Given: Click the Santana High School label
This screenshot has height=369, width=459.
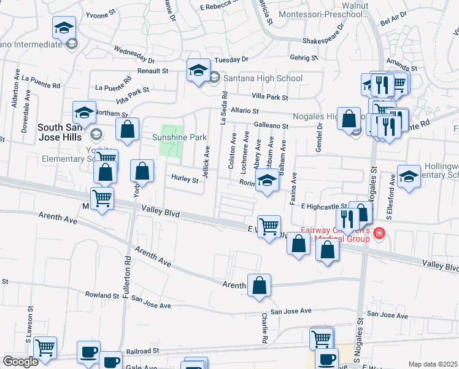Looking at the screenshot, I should (263, 78).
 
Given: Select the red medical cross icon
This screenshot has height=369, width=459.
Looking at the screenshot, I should (379, 234).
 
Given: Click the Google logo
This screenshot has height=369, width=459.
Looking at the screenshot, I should (20, 362).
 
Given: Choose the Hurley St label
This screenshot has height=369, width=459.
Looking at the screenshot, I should (185, 180).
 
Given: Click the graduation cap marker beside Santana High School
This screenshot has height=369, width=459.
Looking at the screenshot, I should (199, 71).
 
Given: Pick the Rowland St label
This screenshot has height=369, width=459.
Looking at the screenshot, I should (102, 295).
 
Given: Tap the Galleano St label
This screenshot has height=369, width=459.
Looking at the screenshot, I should (271, 125).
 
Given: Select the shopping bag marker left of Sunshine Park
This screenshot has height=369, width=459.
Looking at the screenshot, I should (127, 130).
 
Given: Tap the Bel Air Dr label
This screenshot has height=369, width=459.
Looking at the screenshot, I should (394, 22).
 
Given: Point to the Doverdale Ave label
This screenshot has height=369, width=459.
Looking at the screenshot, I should (26, 105).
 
